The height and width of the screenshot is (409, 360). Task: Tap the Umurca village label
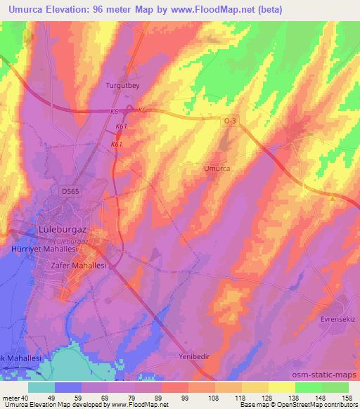pyautogui.click(x=217, y=169)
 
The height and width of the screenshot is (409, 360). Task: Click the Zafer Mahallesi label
pyautogui.click(x=78, y=266)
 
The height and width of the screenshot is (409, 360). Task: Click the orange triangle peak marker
pyautogui.click(x=332, y=198)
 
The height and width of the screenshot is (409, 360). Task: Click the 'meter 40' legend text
pyautogui.click(x=13, y=397)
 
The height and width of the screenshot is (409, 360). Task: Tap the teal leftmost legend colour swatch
pyautogui.click(x=41, y=387)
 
